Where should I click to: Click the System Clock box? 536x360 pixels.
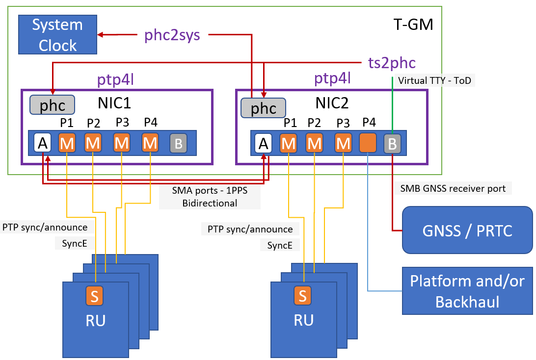[56, 35]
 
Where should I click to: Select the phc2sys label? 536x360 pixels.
[172, 35]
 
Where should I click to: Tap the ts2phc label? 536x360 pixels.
[392, 63]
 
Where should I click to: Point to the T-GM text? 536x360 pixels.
[413, 24]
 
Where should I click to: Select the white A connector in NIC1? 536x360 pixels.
[43, 143]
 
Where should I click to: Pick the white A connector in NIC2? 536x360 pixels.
[264, 144]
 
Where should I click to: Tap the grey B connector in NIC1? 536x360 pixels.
[179, 143]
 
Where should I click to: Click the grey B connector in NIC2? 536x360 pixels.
[392, 144]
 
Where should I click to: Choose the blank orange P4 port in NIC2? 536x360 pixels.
[368, 143]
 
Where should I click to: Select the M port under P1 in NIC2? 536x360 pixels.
[289, 144]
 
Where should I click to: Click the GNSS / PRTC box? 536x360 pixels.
[467, 231]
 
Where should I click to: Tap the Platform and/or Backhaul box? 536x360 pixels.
[467, 291]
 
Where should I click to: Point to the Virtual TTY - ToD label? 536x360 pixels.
[434, 80]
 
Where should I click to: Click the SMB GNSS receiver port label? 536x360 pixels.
[453, 188]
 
